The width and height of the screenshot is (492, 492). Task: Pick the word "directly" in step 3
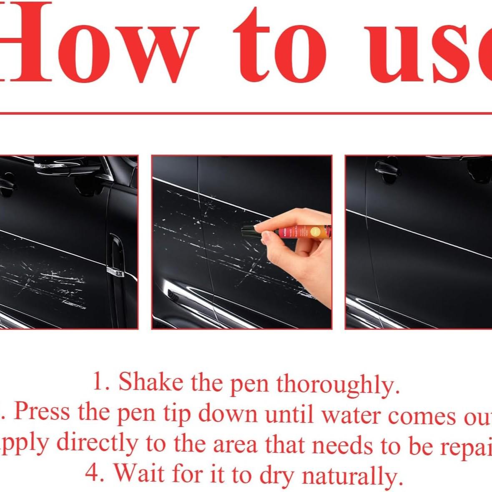coord(97,443)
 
